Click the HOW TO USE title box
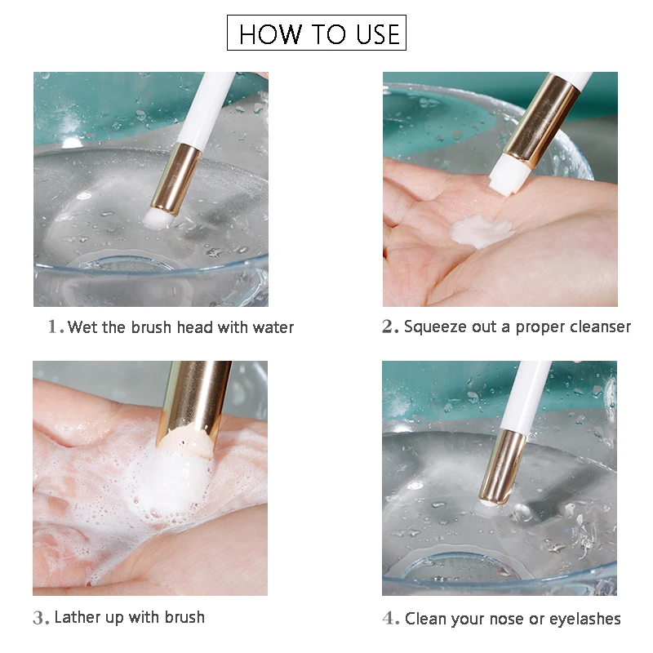[317, 33]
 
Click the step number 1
[52, 326]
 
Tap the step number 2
[387, 326]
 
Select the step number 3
[38, 618]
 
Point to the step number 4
[389, 619]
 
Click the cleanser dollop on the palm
[482, 233]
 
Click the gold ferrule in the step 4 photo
[503, 467]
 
